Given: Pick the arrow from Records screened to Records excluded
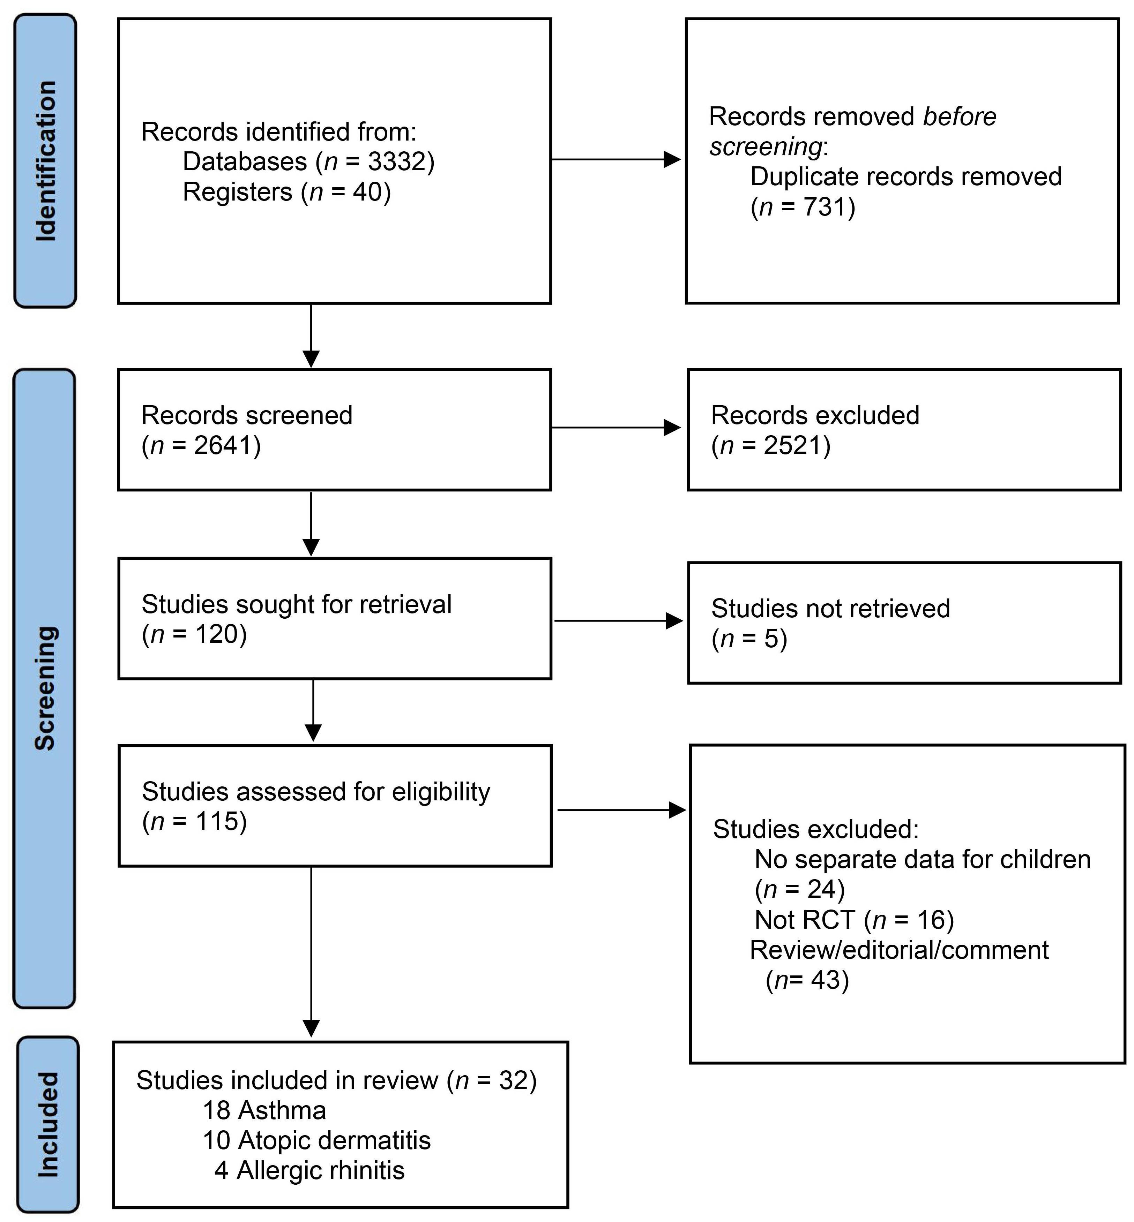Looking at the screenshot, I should [x=616, y=428].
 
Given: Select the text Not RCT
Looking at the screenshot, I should [x=804, y=920].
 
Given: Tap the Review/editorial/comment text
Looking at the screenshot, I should [x=899, y=950].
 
